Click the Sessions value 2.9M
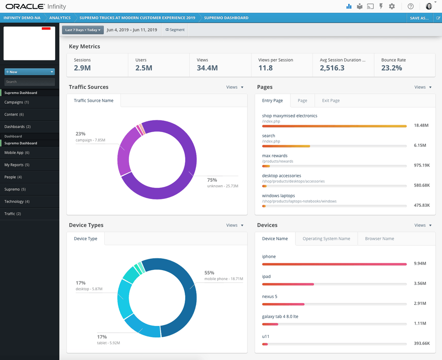coord(82,68)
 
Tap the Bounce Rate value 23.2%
coord(391,68)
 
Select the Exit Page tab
coord(331,101)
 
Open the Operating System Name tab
coord(326,239)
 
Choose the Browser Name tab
coord(379,239)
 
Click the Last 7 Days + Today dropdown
coord(83,30)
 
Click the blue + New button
coord(30,72)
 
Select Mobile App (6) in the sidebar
coord(17,153)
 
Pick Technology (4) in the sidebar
coord(17,202)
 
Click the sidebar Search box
coord(30,82)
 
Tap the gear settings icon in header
coord(392,6)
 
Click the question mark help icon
coord(411,6)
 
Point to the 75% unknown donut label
coord(222,183)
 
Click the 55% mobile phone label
coord(224,275)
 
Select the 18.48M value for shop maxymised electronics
coord(421,126)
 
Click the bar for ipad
coord(288,284)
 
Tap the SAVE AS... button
coord(420,18)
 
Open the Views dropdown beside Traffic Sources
coord(234,87)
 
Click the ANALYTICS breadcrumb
coord(60,18)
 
